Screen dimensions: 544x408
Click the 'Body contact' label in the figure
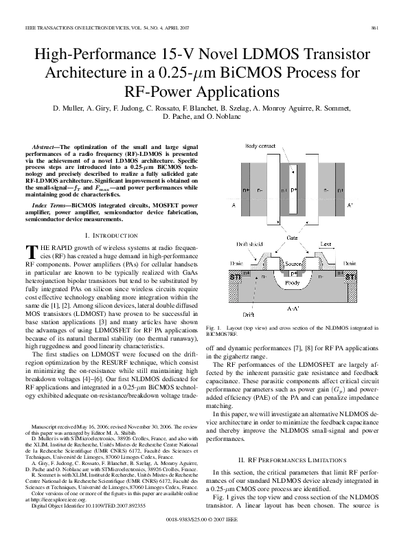click(262, 147)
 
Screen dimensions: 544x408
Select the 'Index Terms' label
click(51, 205)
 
